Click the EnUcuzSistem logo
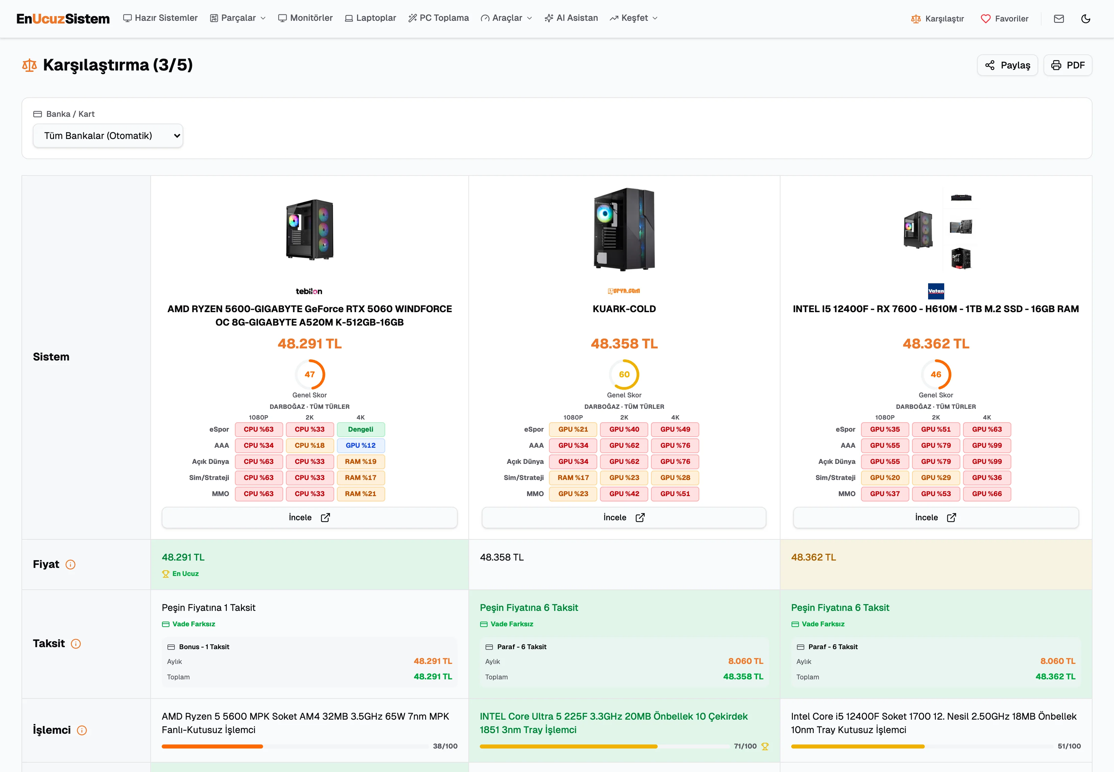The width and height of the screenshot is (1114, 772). pyautogui.click(x=63, y=18)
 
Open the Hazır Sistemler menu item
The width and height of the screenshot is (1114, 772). pyautogui.click(x=160, y=18)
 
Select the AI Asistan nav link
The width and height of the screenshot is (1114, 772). pyautogui.click(x=571, y=18)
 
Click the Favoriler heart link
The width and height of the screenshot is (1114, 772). pyautogui.click(x=1004, y=18)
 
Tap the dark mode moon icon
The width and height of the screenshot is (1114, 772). pyautogui.click(x=1085, y=18)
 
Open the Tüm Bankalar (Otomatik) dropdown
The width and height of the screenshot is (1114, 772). pyautogui.click(x=108, y=136)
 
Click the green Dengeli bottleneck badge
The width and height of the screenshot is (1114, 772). pyautogui.click(x=361, y=429)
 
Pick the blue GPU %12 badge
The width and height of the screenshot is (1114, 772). pyautogui.click(x=361, y=445)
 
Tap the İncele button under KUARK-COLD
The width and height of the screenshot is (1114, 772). pyautogui.click(x=624, y=517)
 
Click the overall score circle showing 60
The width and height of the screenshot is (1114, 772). pyautogui.click(x=624, y=374)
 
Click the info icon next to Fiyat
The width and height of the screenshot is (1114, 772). pyautogui.click(x=70, y=565)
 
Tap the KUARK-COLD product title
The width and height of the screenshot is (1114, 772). pyautogui.click(x=624, y=308)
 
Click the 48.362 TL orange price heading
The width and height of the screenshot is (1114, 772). pyautogui.click(x=936, y=343)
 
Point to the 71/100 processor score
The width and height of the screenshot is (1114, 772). pyautogui.click(x=745, y=746)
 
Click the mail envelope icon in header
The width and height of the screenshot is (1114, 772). pyautogui.click(x=1059, y=18)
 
